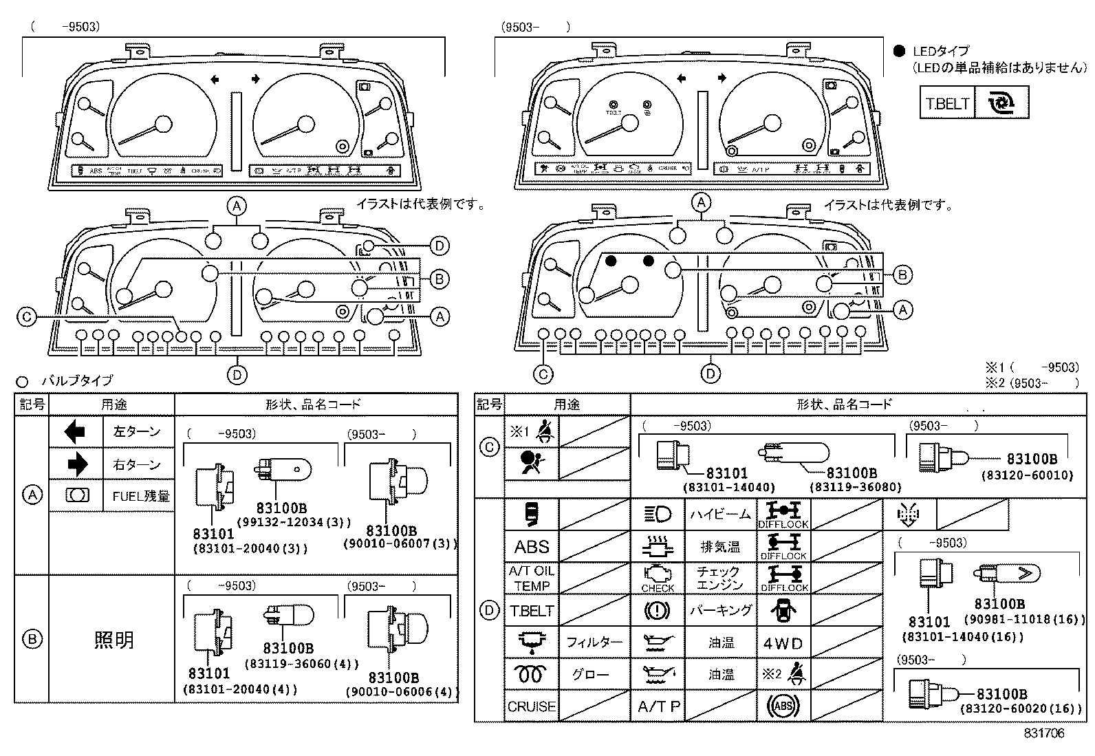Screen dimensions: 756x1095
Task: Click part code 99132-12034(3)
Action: [294, 523]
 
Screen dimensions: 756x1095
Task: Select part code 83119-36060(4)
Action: [302, 664]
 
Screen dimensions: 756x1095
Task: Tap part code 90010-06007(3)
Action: [400, 543]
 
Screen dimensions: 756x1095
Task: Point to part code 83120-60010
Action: [1027, 475]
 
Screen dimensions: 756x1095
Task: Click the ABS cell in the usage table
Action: [532, 547]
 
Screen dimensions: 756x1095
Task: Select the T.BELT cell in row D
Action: [532, 611]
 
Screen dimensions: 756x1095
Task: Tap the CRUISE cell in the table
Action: [532, 706]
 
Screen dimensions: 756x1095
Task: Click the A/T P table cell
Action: [658, 706]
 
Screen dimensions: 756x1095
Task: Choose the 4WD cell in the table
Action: [783, 643]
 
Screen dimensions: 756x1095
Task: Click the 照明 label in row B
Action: [113, 640]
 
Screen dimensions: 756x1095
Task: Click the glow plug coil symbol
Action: [532, 674]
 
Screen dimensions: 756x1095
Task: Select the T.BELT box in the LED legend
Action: [947, 103]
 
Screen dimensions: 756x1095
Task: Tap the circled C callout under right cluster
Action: [543, 374]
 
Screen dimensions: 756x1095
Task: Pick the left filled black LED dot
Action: [610, 261]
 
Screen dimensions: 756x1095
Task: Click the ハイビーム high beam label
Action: [720, 515]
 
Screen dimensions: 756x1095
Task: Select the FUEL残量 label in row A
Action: [141, 496]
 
